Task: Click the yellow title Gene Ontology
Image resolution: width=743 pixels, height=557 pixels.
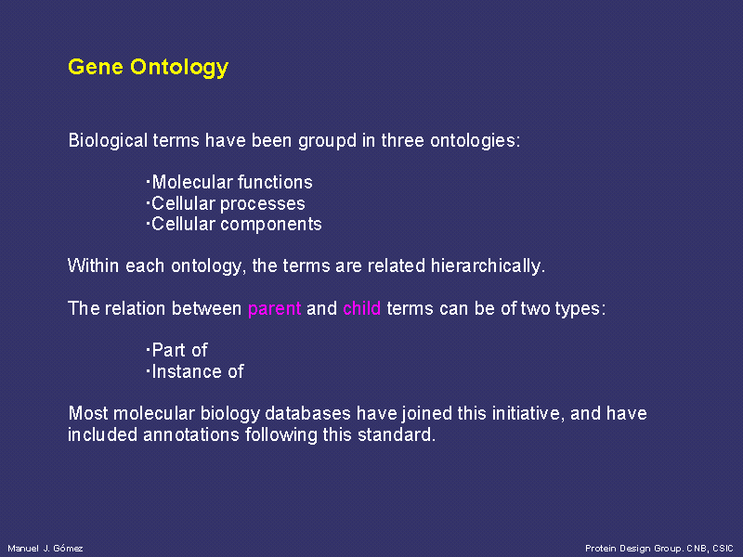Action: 149,68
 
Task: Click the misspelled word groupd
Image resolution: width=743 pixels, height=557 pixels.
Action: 328,142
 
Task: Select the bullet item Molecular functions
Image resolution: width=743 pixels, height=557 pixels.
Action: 229,182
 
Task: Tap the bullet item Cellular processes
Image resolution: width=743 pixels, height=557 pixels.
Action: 226,203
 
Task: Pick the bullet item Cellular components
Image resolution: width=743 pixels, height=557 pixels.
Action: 234,225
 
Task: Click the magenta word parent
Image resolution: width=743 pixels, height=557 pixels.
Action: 274,309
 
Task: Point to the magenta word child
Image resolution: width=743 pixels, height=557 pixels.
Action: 362,308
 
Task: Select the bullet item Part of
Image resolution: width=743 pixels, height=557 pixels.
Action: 176,351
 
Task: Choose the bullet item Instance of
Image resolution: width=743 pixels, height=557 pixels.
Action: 195,371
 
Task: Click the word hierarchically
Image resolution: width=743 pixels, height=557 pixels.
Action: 489,266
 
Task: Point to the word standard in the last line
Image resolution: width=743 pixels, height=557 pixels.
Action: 397,434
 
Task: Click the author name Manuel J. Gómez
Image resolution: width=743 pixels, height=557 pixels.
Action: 46,549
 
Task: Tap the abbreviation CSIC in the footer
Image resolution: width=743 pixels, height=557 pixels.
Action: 723,549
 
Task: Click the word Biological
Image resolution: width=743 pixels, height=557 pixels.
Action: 108,142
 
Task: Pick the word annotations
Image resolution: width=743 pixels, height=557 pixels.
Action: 191,434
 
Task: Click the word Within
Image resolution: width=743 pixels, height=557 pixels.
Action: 94,266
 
